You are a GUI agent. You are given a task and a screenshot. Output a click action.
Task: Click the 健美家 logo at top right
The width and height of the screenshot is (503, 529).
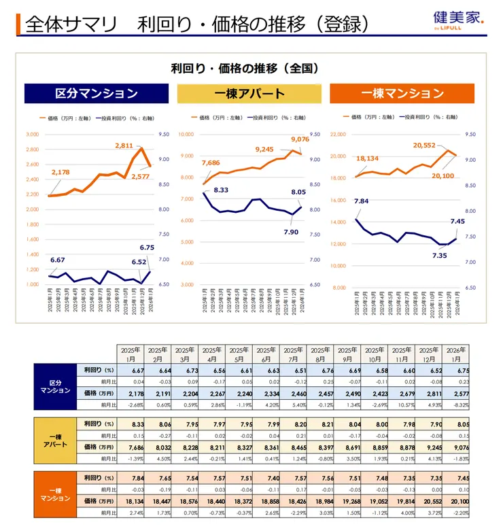(459, 20)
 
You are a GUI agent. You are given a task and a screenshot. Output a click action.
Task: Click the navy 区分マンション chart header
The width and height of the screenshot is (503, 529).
(96, 94)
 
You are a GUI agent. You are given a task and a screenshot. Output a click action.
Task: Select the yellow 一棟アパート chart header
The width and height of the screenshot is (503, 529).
(249, 94)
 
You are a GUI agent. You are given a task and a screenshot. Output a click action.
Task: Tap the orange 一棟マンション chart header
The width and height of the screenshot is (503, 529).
(402, 94)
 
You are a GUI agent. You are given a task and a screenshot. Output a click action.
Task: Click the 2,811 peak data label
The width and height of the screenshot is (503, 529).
(124, 146)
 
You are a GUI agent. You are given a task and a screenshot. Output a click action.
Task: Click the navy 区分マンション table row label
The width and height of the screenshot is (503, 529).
(54, 386)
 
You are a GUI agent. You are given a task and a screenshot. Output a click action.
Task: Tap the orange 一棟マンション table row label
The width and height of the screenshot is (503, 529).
(54, 493)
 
